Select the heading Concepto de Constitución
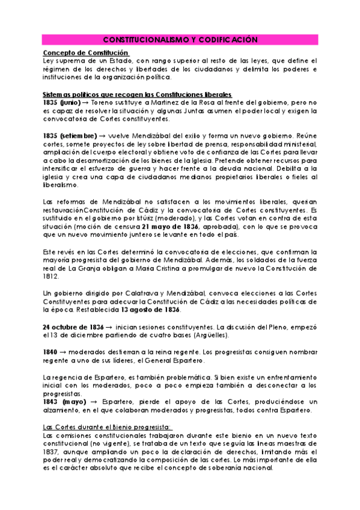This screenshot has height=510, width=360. point(83,53)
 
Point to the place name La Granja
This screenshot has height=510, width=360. point(84,267)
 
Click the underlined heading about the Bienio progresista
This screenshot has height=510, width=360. point(103,426)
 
